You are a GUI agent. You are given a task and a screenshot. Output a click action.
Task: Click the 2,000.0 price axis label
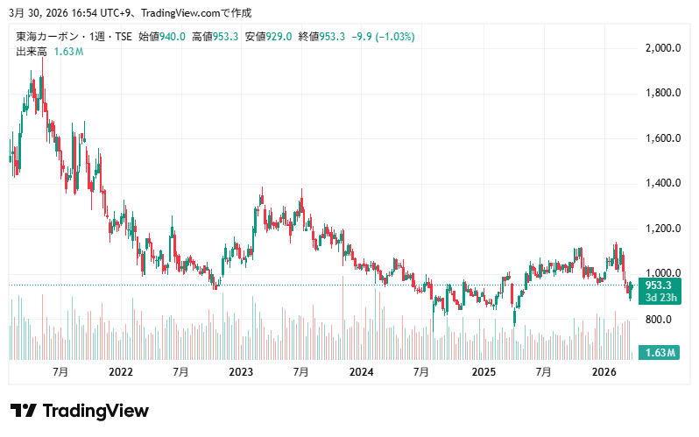click(663, 47)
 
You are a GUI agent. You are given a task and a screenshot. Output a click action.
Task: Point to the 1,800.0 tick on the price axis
click(663, 93)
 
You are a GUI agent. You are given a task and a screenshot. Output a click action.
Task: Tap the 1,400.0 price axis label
click(663, 183)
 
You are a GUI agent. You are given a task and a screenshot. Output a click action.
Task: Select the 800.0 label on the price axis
click(659, 320)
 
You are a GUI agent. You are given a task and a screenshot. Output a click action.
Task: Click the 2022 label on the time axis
click(121, 372)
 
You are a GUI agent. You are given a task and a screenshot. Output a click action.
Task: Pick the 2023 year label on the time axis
click(241, 372)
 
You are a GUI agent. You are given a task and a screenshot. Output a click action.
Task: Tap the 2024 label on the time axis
click(361, 372)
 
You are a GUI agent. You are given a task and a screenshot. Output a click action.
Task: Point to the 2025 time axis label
click(484, 372)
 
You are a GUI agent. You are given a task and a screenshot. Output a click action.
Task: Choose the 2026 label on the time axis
click(604, 372)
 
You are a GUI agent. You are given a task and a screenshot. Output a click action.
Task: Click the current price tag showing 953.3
click(659, 285)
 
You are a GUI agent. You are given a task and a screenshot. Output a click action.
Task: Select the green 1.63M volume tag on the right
click(660, 353)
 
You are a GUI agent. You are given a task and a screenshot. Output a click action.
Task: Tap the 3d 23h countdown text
click(660, 298)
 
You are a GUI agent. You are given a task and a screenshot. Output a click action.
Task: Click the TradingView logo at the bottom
click(80, 411)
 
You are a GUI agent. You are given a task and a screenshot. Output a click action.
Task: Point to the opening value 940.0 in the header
click(173, 37)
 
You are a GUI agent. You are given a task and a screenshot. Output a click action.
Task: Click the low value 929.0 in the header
click(279, 37)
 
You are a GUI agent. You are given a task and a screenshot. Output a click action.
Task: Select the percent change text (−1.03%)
click(395, 37)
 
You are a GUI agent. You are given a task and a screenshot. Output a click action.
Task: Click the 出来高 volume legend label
click(32, 52)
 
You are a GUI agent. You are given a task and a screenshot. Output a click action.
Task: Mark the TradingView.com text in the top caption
click(181, 13)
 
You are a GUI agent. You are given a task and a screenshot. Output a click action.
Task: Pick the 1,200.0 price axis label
click(663, 229)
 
